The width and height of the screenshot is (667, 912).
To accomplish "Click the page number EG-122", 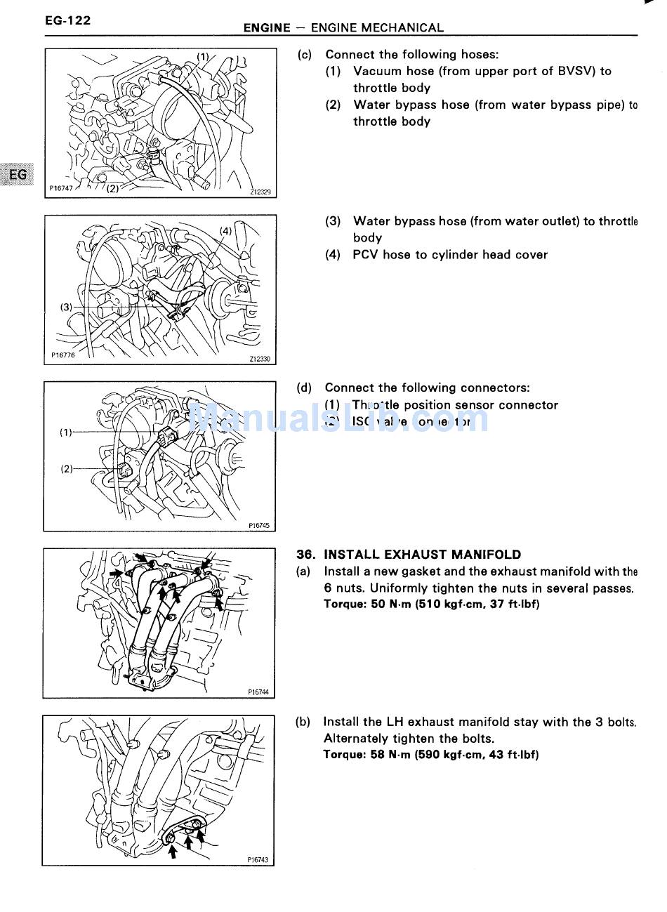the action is point(67,20).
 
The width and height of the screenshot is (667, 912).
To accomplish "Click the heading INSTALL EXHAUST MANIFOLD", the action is point(422,555).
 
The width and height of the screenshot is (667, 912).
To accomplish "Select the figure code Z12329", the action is point(260,192).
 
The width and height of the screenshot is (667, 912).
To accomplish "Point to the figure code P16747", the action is point(61,188).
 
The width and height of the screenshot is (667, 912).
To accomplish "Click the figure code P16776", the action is point(62,355).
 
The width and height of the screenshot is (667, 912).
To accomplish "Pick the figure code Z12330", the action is point(260,359).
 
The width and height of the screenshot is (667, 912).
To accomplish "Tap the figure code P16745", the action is point(258,525).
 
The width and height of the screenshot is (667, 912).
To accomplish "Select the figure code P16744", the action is point(258,692).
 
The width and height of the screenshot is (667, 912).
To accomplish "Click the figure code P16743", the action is point(258,859).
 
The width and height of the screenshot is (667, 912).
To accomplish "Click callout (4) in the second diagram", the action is point(225,230).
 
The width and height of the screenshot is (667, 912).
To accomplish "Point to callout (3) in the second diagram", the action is point(67,307).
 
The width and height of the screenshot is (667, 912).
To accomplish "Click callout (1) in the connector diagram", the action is point(66,432).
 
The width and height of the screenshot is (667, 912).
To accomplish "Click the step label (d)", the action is point(304,388).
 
